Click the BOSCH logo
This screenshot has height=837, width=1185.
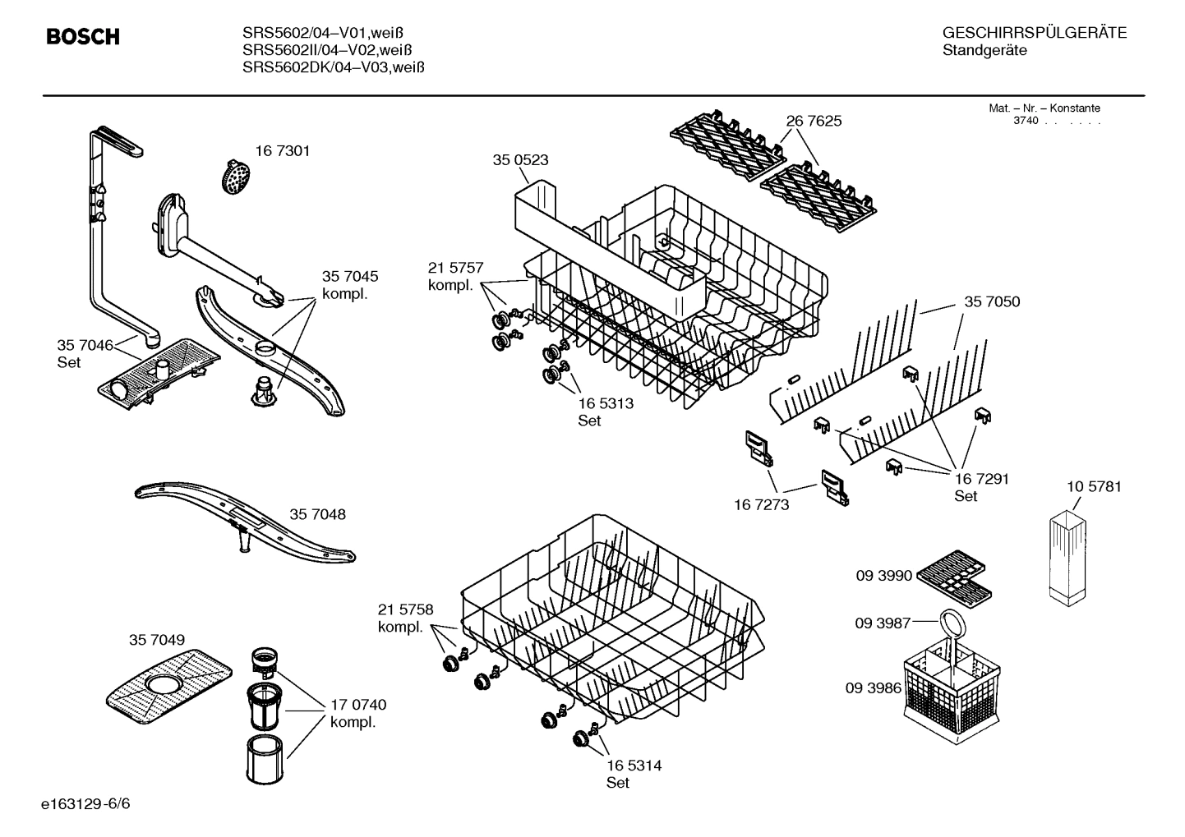82,37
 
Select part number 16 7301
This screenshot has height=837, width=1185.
282,151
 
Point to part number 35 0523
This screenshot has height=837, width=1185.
520,160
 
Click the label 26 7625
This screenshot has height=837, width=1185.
814,121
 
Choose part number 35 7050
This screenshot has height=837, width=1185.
992,302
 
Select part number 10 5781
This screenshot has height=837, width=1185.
1094,487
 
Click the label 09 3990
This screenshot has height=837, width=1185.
884,576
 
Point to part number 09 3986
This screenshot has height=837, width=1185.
873,688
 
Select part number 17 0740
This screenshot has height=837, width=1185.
358,705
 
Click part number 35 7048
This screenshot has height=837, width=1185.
317,515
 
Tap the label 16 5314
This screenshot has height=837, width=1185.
634,766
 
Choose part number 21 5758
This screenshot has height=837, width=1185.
405,609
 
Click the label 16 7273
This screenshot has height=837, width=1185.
761,504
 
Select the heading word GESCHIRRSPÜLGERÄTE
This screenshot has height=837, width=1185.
1034,33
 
